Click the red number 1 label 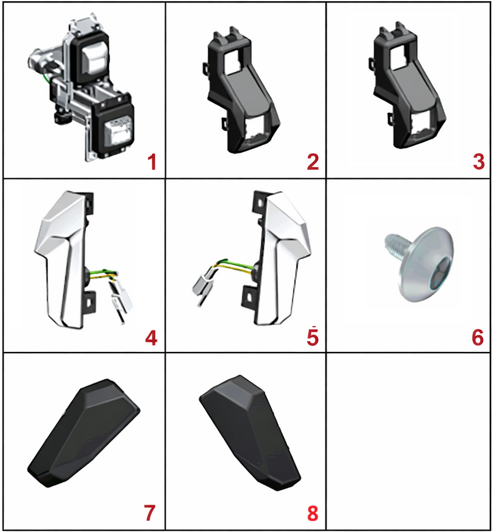point(152,162)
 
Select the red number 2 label point(312,162)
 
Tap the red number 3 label point(478,162)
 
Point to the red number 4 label point(151,338)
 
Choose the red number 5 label point(312,337)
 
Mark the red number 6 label point(478,338)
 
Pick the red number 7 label point(150,513)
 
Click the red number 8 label point(312,513)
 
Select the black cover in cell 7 point(83,433)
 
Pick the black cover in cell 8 point(250,433)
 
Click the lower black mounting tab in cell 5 point(249,297)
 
